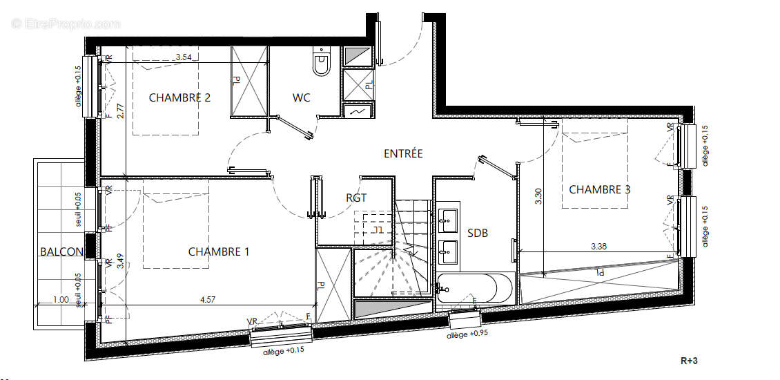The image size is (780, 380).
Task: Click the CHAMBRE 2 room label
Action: click(179, 97)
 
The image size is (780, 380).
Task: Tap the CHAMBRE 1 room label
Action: click(219, 251)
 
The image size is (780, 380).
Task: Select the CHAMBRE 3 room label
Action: click(599, 189)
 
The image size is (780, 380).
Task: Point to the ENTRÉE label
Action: click(403, 153)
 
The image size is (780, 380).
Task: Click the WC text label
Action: click(301, 97)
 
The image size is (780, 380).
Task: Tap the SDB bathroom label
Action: click(478, 234)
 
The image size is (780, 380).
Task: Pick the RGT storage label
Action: click(356, 198)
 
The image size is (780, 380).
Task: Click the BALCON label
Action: click(61, 252)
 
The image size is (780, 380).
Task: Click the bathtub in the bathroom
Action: click(476, 288)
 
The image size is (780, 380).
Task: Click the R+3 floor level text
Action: click(690, 360)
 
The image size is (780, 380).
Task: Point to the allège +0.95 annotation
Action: click(467, 335)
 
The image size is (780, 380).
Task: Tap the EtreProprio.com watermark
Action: click(66, 23)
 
